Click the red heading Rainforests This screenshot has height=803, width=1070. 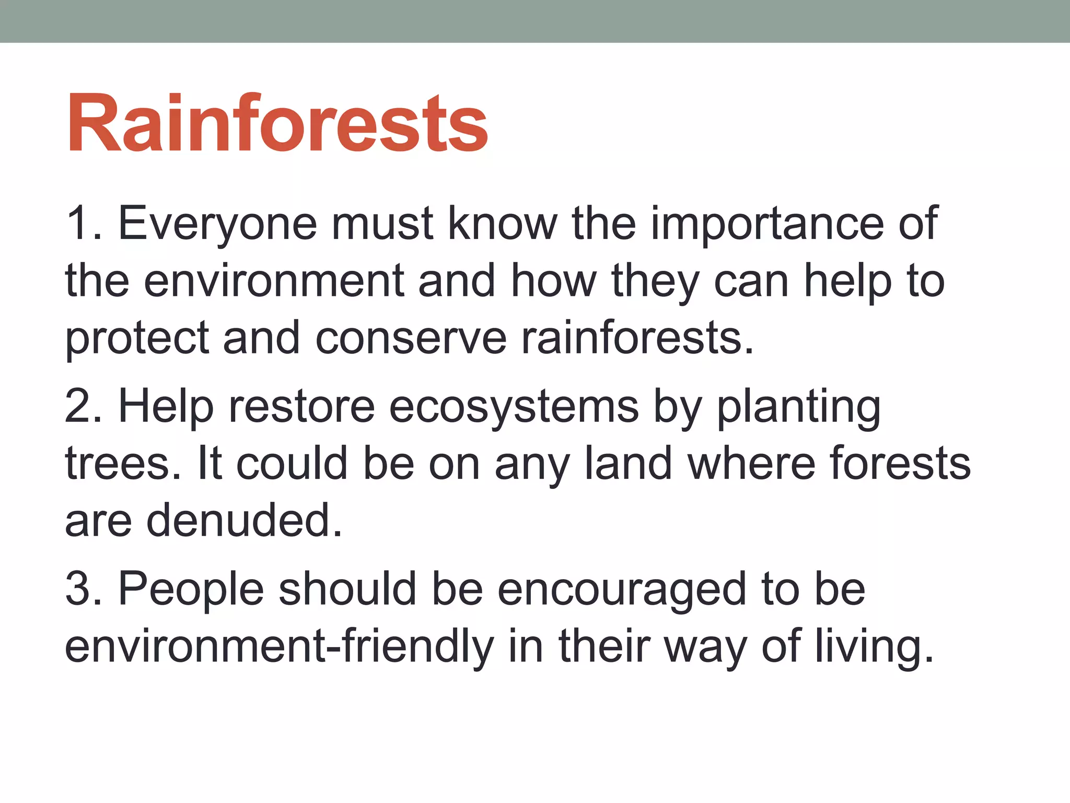tap(277, 124)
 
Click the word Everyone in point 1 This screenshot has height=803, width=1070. tap(217, 224)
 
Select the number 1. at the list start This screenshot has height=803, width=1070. tap(84, 224)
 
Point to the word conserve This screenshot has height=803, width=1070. tap(411, 338)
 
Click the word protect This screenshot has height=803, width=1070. tap(137, 338)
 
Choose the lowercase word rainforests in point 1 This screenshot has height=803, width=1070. tap(637, 338)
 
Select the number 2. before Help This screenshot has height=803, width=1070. tap(84, 407)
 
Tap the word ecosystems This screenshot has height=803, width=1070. tap(514, 407)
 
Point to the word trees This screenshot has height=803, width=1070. tap(123, 464)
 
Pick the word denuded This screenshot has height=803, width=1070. tap(244, 521)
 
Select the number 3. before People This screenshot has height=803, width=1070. tap(84, 589)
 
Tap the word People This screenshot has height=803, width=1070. tap(191, 589)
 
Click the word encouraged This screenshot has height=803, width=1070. tap(622, 589)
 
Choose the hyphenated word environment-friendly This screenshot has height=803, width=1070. tap(279, 646)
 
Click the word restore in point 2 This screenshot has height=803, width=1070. tap(302, 407)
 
